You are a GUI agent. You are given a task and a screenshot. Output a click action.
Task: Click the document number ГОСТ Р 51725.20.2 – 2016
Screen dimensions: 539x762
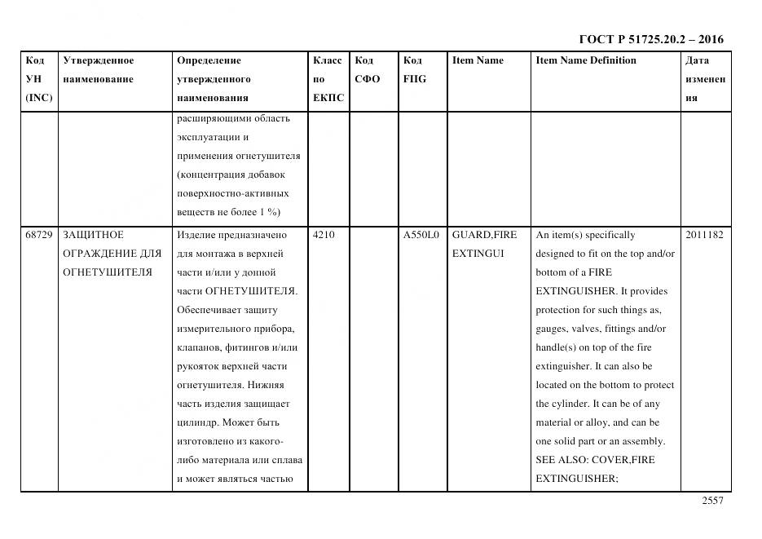(650, 39)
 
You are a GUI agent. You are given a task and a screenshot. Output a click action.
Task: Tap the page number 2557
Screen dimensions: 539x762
(711, 501)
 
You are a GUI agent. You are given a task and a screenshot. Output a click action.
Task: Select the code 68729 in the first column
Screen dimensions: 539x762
(39, 235)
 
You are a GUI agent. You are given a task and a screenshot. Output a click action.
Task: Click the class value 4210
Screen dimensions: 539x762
(324, 235)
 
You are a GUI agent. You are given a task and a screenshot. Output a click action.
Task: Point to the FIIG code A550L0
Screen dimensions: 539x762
(421, 235)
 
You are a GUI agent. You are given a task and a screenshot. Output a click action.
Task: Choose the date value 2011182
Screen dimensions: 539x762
(704, 235)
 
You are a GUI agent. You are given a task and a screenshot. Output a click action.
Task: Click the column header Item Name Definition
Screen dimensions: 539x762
(586, 60)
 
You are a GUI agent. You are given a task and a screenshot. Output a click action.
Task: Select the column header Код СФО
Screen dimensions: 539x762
(367, 70)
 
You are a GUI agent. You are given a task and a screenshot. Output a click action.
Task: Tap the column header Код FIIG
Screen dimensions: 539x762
(414, 70)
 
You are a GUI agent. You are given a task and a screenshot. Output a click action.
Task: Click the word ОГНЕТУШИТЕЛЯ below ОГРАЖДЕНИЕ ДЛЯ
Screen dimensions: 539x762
(108, 272)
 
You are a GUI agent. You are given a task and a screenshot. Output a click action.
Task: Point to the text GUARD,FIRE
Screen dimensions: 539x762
(484, 235)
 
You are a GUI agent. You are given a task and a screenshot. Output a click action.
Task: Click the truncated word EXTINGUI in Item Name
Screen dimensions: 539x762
(478, 254)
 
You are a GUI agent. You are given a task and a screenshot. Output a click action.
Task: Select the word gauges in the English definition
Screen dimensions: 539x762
(552, 329)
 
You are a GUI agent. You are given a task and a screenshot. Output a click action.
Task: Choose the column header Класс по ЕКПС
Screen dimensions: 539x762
(328, 79)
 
